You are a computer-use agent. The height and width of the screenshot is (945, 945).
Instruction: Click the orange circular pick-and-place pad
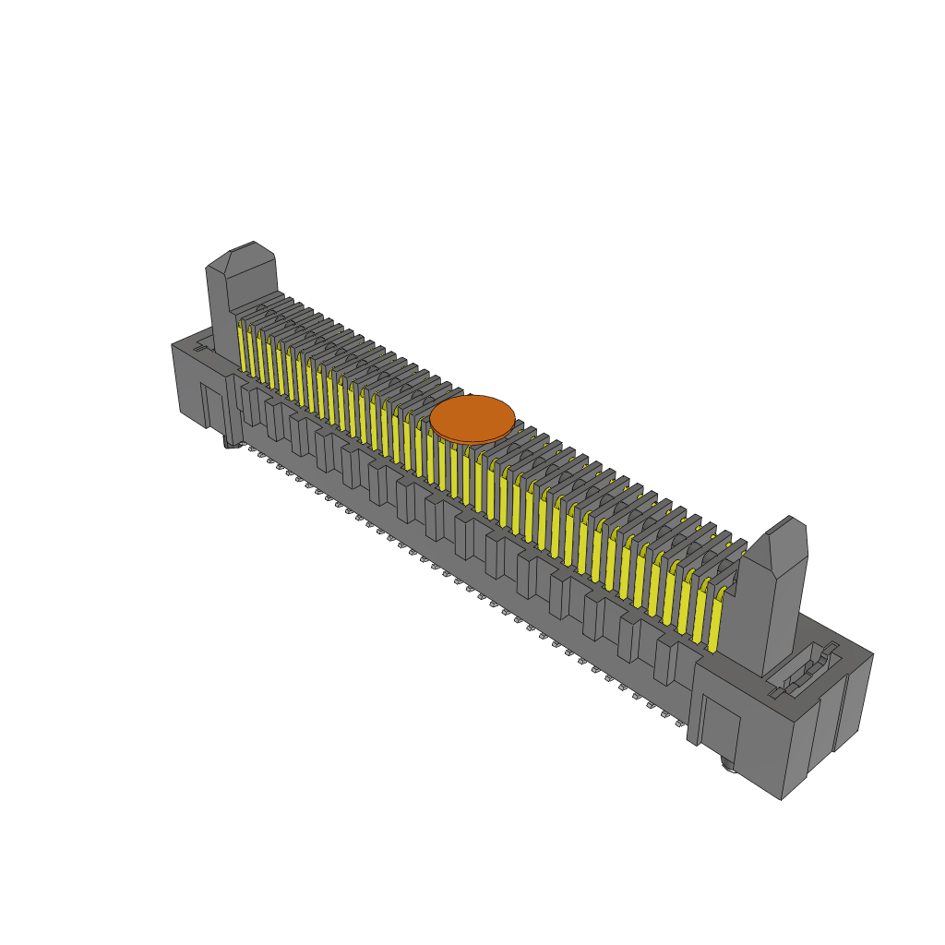[x=472, y=418]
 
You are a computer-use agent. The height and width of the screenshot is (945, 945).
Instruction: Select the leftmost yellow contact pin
[x=242, y=349]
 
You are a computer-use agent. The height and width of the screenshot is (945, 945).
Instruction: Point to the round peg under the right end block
[x=727, y=764]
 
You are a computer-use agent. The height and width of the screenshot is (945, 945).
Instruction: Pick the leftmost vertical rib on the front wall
[x=249, y=406]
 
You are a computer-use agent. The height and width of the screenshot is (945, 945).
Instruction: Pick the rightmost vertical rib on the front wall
[x=664, y=659]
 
